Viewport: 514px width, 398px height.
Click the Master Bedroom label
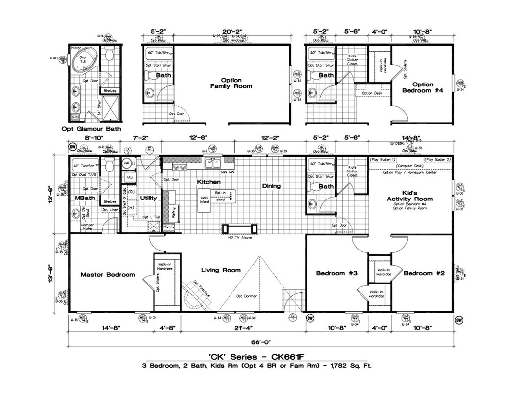[108, 275]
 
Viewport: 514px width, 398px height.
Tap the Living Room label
[221, 270]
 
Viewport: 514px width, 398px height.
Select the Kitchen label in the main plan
[205, 182]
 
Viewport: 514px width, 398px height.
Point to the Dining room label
[271, 186]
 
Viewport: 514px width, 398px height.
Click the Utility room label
[149, 199]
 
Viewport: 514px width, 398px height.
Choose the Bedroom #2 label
[424, 273]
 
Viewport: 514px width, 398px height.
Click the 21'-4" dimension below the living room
[244, 327]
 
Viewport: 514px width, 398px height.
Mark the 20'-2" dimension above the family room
[227, 32]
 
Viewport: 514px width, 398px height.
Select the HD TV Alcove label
[240, 238]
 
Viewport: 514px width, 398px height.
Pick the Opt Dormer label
[246, 296]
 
